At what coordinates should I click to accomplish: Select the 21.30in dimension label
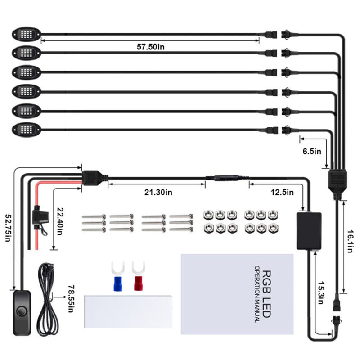pos(158,193)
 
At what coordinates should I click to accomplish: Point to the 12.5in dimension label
pos(283,193)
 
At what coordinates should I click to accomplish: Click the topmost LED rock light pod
pos(27,34)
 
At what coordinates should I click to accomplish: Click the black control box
pos(310,230)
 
